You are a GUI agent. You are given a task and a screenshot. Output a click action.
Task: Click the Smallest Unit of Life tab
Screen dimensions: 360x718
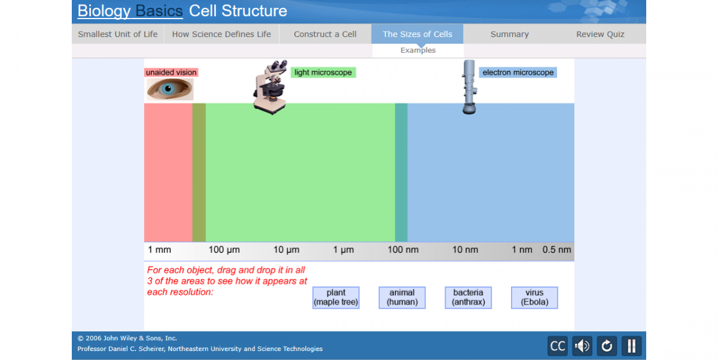118,34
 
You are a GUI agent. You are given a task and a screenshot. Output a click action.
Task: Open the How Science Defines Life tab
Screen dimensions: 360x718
221,34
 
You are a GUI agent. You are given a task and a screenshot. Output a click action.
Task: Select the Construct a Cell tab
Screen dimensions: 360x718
325,34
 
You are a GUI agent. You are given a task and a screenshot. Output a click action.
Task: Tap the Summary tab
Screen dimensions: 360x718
509,34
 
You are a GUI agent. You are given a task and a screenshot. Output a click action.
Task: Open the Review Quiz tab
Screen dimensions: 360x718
600,34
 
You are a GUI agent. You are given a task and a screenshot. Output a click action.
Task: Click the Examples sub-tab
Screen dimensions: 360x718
418,50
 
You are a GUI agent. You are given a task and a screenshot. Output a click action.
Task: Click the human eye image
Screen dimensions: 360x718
170,89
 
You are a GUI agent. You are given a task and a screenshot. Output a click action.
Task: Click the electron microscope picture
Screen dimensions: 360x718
469,87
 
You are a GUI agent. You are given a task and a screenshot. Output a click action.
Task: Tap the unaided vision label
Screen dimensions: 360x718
171,72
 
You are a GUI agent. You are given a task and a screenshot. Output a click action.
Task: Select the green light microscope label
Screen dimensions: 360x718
323,72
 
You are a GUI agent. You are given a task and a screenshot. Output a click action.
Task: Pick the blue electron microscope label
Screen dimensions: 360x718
518,72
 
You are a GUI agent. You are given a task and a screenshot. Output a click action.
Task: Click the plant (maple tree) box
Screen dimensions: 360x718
336,297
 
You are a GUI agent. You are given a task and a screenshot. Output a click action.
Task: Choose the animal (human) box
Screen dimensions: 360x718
401,297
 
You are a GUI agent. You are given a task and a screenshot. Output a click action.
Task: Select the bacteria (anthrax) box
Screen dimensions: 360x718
468,297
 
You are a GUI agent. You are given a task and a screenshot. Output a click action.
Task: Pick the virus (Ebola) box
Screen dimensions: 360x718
534,297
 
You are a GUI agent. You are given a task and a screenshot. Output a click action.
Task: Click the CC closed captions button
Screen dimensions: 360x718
558,346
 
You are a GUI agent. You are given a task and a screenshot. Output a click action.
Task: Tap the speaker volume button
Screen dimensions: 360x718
582,346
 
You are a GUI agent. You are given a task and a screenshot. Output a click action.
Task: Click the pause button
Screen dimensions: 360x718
631,346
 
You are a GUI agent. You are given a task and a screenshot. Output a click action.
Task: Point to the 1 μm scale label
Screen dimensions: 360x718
343,249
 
